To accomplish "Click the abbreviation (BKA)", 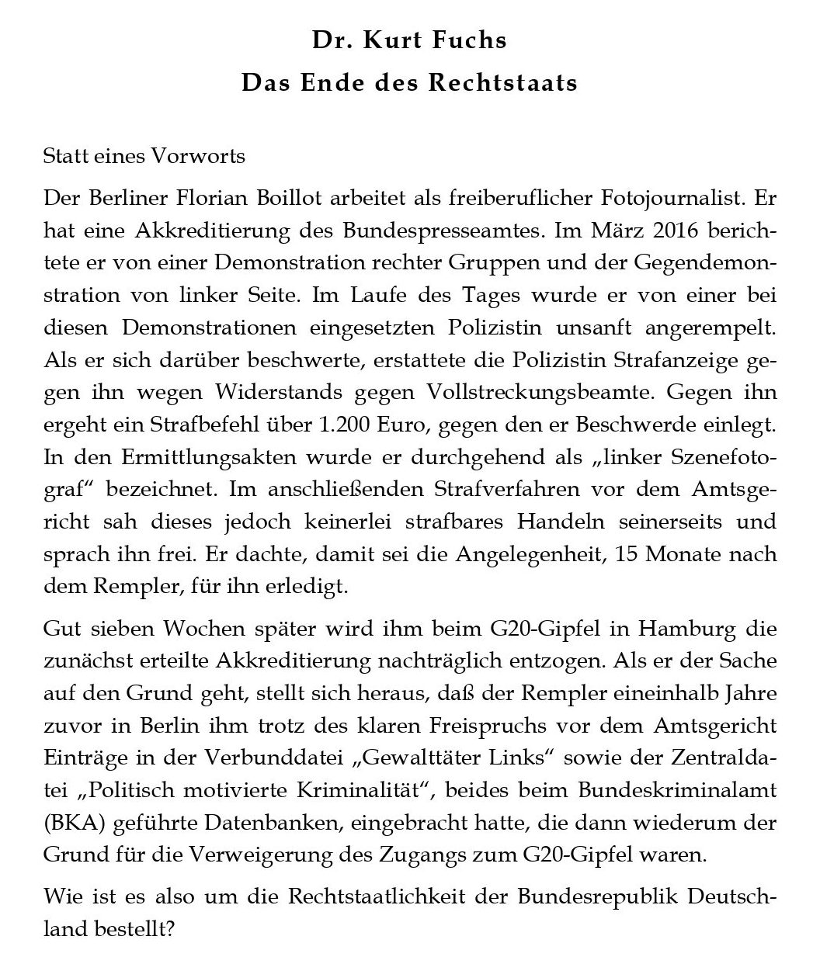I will (x=68, y=822).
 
